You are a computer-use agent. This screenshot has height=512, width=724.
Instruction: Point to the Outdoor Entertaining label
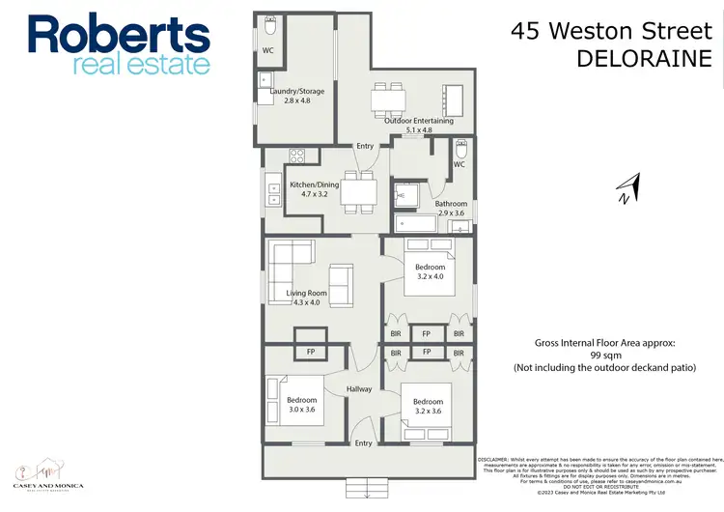[418, 121]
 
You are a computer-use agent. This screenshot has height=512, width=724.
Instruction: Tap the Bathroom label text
[451, 204]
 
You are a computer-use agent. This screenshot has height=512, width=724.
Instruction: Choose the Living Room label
[307, 293]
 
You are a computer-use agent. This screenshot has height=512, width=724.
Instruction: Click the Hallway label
[360, 389]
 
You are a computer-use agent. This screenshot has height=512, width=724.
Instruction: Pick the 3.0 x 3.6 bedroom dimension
[300, 410]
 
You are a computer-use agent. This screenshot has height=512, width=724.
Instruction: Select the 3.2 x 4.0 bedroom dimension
[431, 277]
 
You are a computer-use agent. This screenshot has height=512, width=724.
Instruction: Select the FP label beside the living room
[311, 353]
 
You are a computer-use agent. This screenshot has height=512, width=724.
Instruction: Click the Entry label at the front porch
[363, 443]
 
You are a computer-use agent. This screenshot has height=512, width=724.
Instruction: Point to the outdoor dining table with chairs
[388, 98]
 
